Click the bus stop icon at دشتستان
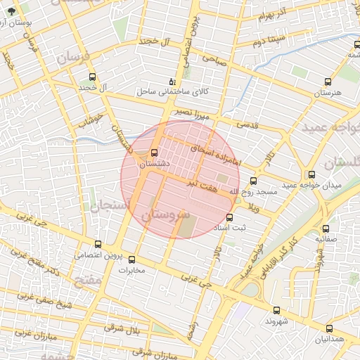[x=155, y=153]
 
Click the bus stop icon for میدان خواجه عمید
[x=311, y=174]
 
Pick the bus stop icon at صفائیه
[x=325, y=229]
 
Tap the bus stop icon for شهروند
[x=274, y=309]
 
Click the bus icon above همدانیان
[x=330, y=328]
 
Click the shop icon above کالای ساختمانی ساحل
[x=173, y=82]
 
